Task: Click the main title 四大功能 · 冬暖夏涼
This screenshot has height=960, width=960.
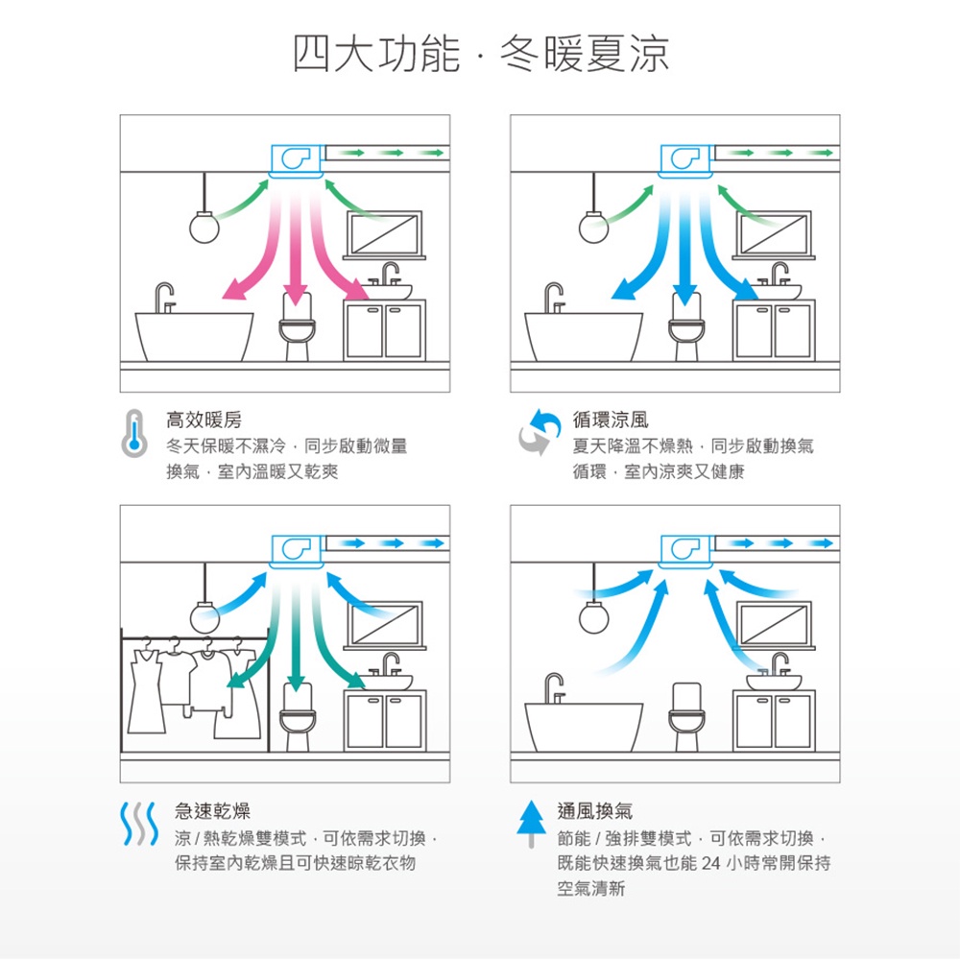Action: pos(481,54)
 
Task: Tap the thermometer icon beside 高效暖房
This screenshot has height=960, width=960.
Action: pos(134,434)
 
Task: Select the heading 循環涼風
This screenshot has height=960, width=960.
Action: pos(611,420)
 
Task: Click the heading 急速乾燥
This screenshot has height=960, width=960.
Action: pos(212,810)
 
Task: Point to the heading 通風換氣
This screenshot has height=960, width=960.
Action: pos(595,810)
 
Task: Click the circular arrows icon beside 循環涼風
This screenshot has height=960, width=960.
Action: pos(540,432)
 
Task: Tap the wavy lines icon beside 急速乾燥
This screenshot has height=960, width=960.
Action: pos(139,824)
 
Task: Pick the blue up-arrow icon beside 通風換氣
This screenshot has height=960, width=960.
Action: pos(531,824)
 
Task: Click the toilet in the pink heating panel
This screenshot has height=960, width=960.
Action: pos(297,327)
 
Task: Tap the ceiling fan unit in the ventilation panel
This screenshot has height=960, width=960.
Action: pos(685,551)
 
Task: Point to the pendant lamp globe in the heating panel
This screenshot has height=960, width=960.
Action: pos(204,228)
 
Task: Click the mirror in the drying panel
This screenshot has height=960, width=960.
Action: pos(385,624)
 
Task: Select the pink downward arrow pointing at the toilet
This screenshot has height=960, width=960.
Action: pos(296,245)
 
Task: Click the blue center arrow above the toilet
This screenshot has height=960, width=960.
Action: pos(685,245)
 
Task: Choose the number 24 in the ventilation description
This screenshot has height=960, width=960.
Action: pos(710,863)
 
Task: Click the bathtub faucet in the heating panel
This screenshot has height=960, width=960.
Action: pos(164,298)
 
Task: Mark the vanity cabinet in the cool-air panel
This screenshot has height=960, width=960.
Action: pos(774,330)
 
